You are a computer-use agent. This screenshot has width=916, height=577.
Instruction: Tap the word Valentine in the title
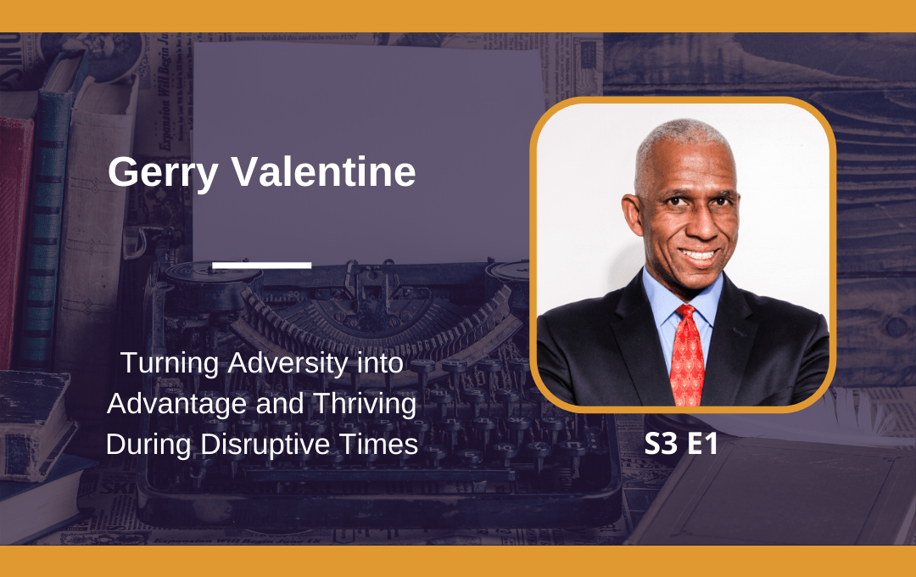324,171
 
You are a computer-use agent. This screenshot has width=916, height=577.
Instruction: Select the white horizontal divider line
262,265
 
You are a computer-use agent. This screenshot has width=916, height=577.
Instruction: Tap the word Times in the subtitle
378,445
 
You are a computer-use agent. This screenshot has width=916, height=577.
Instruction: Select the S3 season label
661,444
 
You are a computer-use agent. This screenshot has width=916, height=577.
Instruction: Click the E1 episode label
702,444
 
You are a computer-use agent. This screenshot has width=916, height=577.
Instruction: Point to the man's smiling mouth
699,255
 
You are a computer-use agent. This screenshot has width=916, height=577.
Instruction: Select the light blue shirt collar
681,298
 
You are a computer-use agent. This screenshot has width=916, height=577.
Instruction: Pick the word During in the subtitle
149,445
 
